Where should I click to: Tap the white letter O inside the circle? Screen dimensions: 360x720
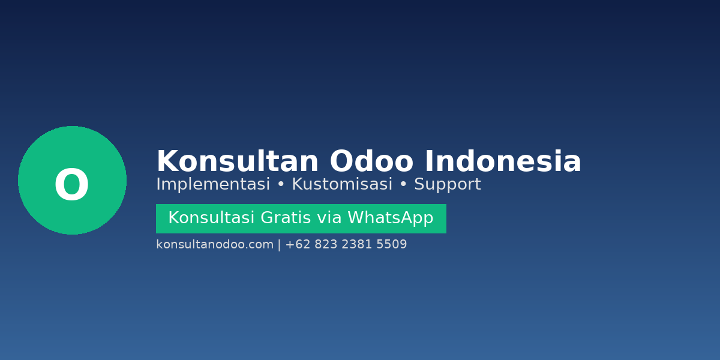[x=71, y=185]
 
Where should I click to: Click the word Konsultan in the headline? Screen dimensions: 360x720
[x=237, y=162]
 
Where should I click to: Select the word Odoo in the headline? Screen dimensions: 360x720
[x=371, y=162]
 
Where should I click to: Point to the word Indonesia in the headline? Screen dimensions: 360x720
[x=503, y=162]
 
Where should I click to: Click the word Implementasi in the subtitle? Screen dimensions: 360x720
[x=213, y=185]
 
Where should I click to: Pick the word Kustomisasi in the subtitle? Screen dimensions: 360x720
[x=342, y=185]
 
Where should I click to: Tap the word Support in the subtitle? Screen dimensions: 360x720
[x=448, y=185]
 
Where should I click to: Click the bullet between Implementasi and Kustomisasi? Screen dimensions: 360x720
[x=281, y=185]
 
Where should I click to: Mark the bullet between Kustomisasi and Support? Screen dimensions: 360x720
[x=403, y=185]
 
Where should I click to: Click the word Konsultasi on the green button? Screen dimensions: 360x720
[x=211, y=218]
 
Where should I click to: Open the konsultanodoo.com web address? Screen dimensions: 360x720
[x=215, y=245]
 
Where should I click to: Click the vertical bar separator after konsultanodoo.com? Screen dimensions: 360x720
[x=279, y=245]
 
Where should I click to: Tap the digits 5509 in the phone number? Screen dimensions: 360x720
[x=392, y=245]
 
